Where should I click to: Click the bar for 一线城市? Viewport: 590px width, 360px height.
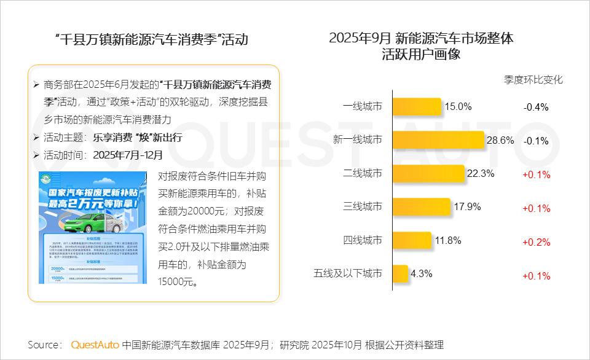(x=417, y=107)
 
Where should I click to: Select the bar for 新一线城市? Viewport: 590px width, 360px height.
(x=438, y=141)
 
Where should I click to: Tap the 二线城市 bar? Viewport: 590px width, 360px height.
(x=428, y=174)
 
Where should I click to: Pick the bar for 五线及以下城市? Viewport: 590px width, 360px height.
(x=400, y=274)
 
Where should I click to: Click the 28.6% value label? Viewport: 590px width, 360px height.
(x=500, y=141)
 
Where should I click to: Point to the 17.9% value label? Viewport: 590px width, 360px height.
(x=467, y=207)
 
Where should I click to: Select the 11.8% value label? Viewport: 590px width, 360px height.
(x=448, y=240)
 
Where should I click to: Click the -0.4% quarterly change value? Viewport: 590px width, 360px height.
(x=536, y=107)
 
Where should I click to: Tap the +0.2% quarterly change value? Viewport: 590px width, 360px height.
(x=536, y=242)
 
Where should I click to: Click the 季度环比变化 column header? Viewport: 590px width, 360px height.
(x=533, y=80)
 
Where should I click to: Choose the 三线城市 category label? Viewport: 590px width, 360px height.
(x=363, y=207)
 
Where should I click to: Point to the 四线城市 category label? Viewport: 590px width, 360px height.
(x=363, y=240)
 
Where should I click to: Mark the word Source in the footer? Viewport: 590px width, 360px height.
(x=44, y=345)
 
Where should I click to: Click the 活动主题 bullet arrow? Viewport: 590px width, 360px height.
(x=36, y=138)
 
